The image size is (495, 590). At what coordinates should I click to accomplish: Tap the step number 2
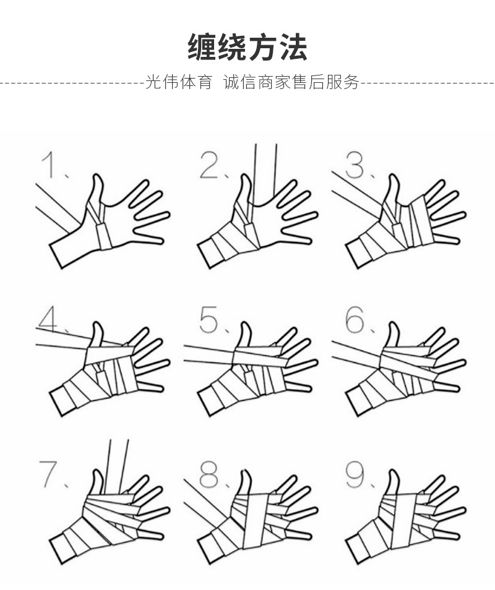click(x=210, y=166)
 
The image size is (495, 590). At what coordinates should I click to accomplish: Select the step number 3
click(x=356, y=166)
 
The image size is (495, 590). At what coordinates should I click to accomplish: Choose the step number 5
click(x=210, y=320)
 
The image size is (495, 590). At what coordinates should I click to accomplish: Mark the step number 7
click(x=49, y=474)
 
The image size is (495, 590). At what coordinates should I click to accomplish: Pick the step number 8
click(x=210, y=474)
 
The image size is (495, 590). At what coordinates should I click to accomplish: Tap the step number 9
click(x=357, y=474)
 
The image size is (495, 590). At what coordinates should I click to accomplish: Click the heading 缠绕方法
click(x=247, y=48)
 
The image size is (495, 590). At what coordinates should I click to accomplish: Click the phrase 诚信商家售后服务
click(x=291, y=82)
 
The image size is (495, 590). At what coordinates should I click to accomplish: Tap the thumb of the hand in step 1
click(x=96, y=189)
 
